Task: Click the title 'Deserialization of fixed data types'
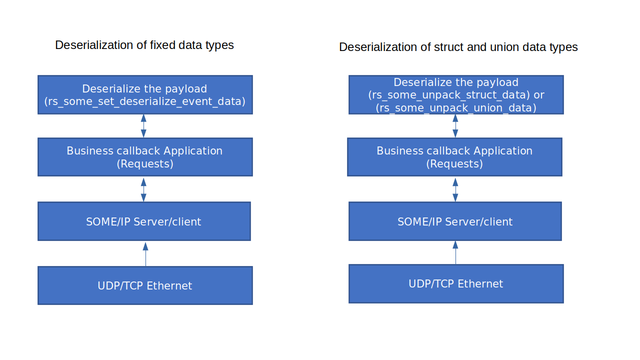[144, 45]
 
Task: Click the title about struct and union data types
[458, 47]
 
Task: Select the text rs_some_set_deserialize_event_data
[145, 101]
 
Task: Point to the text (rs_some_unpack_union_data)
[456, 108]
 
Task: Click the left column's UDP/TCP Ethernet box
[145, 285]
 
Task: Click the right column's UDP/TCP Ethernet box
[456, 283]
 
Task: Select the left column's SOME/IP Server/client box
[144, 221]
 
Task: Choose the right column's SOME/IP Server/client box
[455, 221]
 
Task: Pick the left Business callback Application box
[145, 157]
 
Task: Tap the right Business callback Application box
[454, 157]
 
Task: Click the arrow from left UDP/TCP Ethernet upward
[145, 254]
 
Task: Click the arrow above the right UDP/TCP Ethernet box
[455, 252]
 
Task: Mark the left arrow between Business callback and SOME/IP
[143, 189]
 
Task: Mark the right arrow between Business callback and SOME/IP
[455, 189]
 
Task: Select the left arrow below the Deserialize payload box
[143, 126]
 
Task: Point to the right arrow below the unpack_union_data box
[455, 126]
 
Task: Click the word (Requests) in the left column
[145, 164]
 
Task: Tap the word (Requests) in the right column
[454, 164]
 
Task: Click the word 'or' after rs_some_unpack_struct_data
[539, 95]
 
